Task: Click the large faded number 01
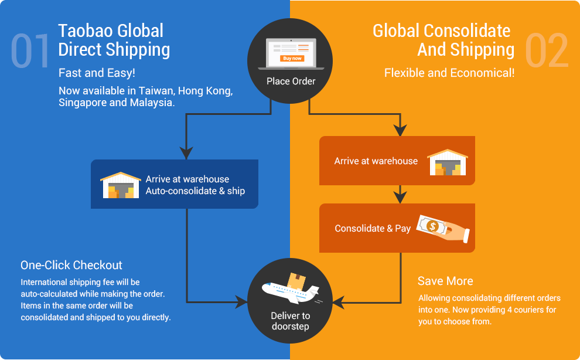[x=30, y=51]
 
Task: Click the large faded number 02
[x=547, y=51]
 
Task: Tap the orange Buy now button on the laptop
[x=292, y=58]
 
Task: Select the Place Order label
[x=291, y=81]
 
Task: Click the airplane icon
[x=291, y=291]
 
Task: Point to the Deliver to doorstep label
[x=291, y=321]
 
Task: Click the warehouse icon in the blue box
[x=121, y=185]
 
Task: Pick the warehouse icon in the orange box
[x=448, y=162]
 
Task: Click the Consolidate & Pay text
[x=373, y=229]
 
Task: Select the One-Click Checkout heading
[x=71, y=265]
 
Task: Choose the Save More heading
[x=445, y=281]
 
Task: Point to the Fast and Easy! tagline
[x=97, y=73]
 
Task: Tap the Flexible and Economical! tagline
[x=449, y=73]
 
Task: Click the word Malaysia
[x=152, y=103]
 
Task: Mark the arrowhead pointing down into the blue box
[x=186, y=152]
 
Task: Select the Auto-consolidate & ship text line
[x=195, y=191]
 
